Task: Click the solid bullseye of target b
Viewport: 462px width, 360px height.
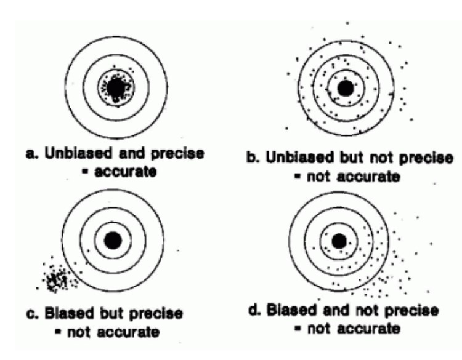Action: (x=346, y=88)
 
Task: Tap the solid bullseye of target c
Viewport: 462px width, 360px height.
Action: (x=113, y=241)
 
